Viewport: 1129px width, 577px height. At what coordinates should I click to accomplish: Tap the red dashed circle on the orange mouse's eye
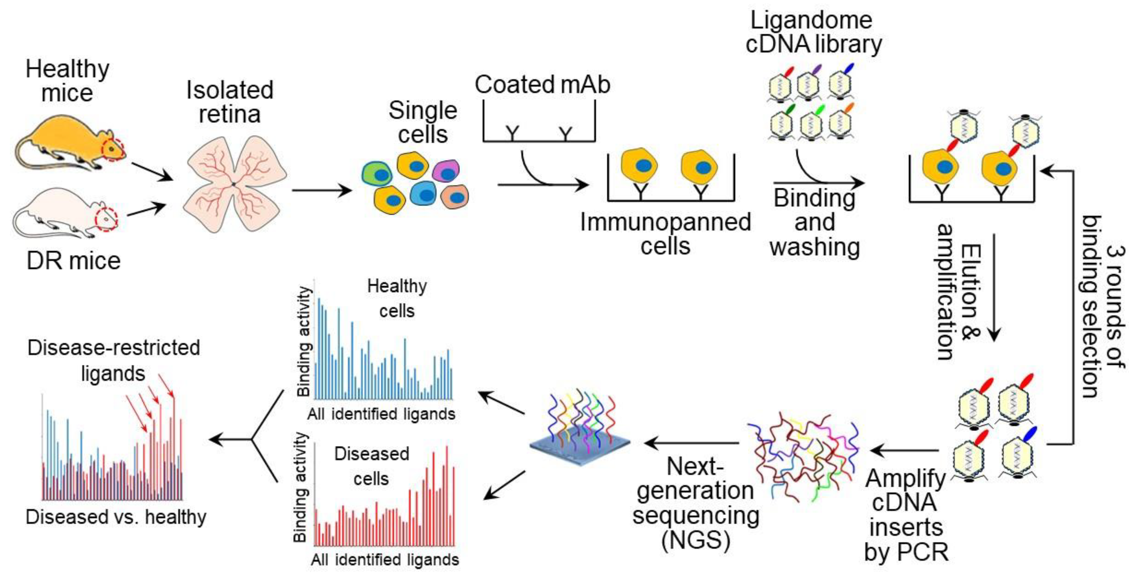(x=113, y=149)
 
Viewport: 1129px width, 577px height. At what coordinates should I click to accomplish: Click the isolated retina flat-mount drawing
(x=234, y=184)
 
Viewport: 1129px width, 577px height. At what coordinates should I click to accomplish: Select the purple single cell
(x=446, y=171)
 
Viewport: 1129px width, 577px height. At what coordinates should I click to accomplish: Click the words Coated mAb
(x=542, y=84)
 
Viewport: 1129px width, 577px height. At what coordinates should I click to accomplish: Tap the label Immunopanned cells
(x=665, y=234)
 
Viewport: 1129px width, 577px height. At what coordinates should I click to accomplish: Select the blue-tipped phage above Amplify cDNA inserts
(x=1019, y=456)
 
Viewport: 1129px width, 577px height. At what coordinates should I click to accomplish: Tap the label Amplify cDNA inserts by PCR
(x=906, y=515)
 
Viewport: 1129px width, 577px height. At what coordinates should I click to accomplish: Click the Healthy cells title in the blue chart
(x=397, y=298)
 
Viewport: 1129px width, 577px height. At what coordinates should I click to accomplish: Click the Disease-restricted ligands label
(x=113, y=360)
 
